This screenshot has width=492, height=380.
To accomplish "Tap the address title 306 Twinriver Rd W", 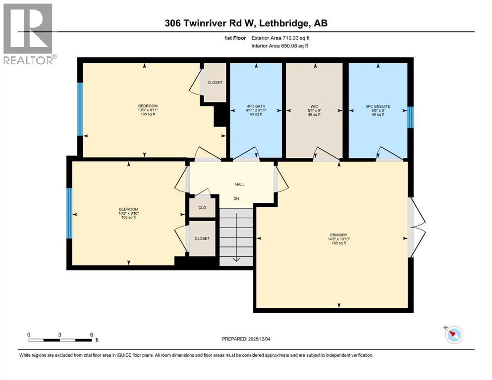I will tap(246, 23).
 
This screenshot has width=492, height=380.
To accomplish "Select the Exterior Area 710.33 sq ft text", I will tap(283, 38).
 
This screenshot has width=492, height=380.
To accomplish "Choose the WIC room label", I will tap(314, 106).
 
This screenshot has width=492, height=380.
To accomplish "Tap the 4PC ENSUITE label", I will tap(378, 106).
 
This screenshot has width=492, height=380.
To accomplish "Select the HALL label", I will tap(240, 185).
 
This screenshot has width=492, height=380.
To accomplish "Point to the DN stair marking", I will tap(237, 199).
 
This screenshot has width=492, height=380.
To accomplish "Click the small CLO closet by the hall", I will tap(202, 208).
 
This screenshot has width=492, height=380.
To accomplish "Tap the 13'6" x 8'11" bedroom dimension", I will tap(148, 110).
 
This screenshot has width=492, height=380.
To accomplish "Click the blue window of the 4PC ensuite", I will tap(410, 117).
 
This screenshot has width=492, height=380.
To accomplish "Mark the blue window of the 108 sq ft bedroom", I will tap(80, 109).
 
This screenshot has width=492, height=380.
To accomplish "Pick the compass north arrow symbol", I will tap(453, 335).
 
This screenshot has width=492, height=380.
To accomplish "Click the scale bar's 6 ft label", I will tap(92, 335).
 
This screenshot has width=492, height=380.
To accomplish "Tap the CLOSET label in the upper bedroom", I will tap(215, 83).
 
